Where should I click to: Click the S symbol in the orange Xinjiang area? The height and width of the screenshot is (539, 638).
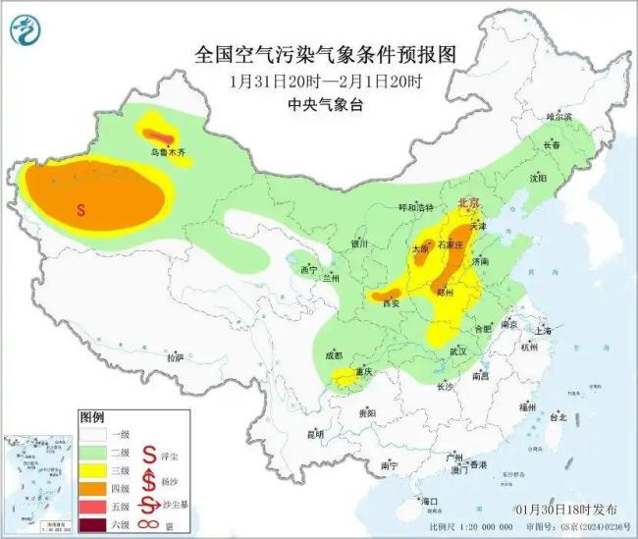tap(81, 208)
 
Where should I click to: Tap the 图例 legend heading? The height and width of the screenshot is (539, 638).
tap(90, 416)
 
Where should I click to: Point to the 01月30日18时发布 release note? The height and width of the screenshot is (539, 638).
tap(566, 511)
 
